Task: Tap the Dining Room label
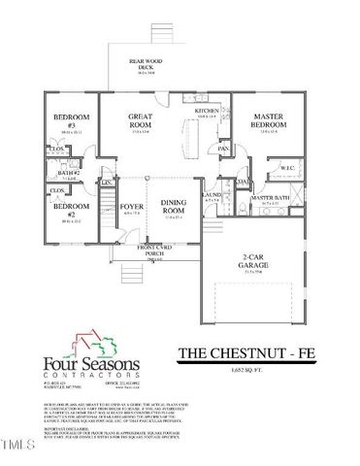pos(173,208)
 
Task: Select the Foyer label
pos(130,206)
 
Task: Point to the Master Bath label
pos(269,197)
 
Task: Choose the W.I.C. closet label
pos(287,167)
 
